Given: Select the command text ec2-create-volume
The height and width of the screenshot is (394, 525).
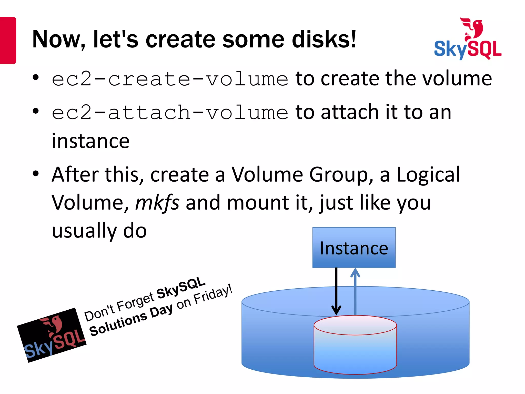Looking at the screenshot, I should coord(170,79).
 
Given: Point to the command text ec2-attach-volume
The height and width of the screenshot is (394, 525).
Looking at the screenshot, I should coord(170,113).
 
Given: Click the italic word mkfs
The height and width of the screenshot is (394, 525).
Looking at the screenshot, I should coord(157,203).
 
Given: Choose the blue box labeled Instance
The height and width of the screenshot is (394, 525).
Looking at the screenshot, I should coord(354,248).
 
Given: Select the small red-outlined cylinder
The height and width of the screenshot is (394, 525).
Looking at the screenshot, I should coord(355,345).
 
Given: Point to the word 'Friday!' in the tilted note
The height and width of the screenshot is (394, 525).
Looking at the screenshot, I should coord(213,295).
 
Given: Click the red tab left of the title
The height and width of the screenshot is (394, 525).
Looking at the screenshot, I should coord(8,40).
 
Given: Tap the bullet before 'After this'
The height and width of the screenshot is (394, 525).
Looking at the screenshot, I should coord(36,174).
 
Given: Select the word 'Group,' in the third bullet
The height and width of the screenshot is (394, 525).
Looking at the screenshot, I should coord(341,174).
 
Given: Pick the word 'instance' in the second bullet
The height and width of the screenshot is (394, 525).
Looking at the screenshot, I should coord(90,141).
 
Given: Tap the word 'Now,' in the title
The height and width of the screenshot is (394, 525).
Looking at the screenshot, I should coord(59,40).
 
